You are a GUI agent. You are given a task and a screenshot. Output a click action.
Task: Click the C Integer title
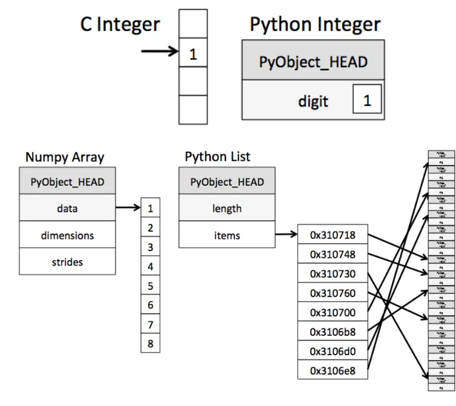click(120, 25)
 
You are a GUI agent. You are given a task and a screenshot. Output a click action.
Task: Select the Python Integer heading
click(315, 25)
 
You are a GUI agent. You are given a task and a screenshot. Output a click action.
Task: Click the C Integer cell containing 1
click(193, 54)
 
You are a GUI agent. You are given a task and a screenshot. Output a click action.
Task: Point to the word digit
click(313, 100)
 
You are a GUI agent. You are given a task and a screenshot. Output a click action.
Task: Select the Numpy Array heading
click(65, 157)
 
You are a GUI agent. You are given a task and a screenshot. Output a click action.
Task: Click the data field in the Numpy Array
click(67, 209)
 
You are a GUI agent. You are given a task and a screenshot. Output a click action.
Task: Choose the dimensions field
click(67, 235)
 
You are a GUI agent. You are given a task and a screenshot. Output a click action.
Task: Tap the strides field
click(67, 261)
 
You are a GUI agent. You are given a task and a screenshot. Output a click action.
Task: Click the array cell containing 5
click(150, 286)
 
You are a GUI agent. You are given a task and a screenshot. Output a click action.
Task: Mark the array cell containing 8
click(150, 344)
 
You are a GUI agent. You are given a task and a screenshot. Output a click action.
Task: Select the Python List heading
click(217, 157)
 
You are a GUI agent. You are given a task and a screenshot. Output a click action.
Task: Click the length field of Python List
click(227, 209)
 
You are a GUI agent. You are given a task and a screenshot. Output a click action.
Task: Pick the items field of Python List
click(227, 235)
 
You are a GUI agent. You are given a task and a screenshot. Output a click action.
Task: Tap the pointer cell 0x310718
click(333, 235)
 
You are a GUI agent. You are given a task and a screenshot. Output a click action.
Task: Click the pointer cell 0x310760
click(333, 293)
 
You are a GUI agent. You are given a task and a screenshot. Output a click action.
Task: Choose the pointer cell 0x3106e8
click(333, 370)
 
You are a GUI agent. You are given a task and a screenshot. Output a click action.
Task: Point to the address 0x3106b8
click(333, 332)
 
